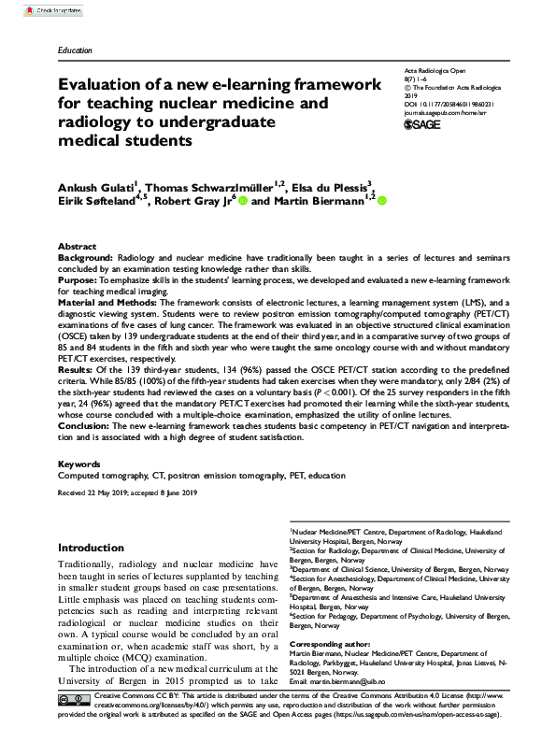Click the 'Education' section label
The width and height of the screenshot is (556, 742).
click(76, 49)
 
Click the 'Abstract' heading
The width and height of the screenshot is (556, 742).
click(77, 244)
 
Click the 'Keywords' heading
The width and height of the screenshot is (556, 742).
click(78, 464)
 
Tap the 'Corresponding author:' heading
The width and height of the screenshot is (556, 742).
click(328, 645)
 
